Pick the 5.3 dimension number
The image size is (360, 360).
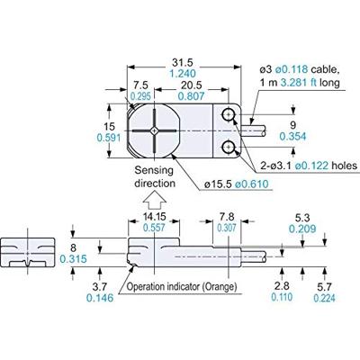pyautogui.click(x=302, y=216)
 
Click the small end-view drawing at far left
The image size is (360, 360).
pyautogui.click(x=31, y=254)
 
